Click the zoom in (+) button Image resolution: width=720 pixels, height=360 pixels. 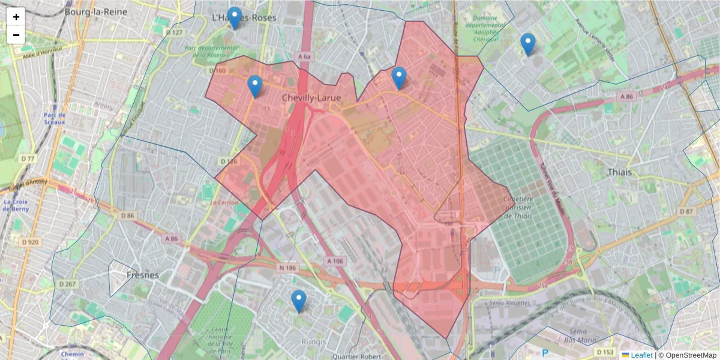pos(16,17)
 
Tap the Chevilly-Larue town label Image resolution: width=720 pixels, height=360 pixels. pos(311,97)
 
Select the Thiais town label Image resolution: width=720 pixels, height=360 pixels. pos(620,172)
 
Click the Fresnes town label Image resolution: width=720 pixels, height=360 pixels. pos(143,275)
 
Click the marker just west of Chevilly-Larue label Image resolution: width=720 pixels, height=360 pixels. pos(255,88)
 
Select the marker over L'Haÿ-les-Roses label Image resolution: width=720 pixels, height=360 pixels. pos(235,19)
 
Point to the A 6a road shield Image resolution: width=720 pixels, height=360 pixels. pos(304,56)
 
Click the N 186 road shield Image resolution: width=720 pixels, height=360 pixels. pos(288,267)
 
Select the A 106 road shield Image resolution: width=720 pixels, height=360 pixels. pos(336,261)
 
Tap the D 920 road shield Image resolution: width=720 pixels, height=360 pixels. pos(29,242)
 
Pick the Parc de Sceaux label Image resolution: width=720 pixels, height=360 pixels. pos(54,118)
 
